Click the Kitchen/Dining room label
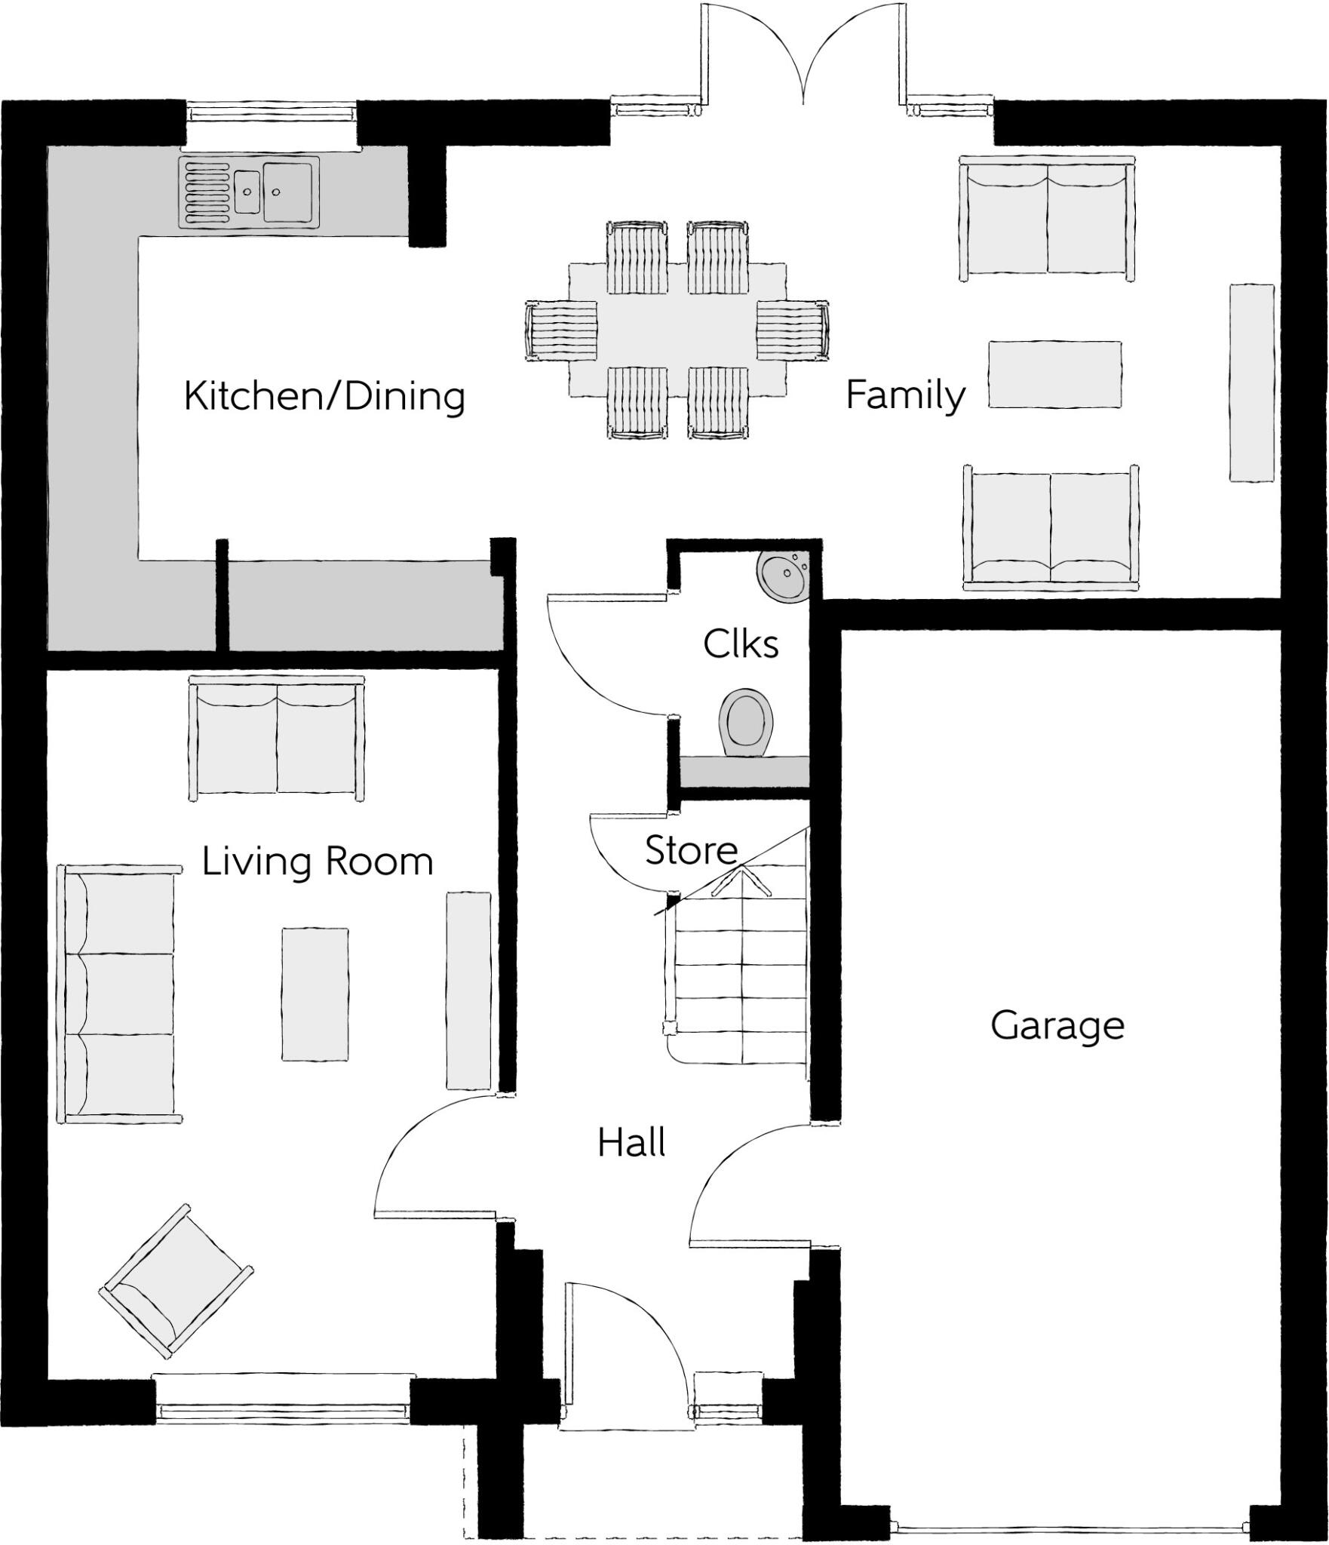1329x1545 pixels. [x=324, y=396]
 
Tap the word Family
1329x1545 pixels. [x=904, y=395]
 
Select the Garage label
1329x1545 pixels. [x=1057, y=1026]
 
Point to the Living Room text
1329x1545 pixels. [x=318, y=862]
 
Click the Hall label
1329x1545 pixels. [x=631, y=1143]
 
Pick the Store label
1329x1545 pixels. [x=691, y=851]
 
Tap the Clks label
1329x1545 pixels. [x=741, y=644]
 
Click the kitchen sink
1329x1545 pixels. [x=250, y=192]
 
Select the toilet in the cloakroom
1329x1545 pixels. [x=747, y=721]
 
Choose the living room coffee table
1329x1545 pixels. [x=315, y=994]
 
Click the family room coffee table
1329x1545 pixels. [x=1054, y=374]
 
